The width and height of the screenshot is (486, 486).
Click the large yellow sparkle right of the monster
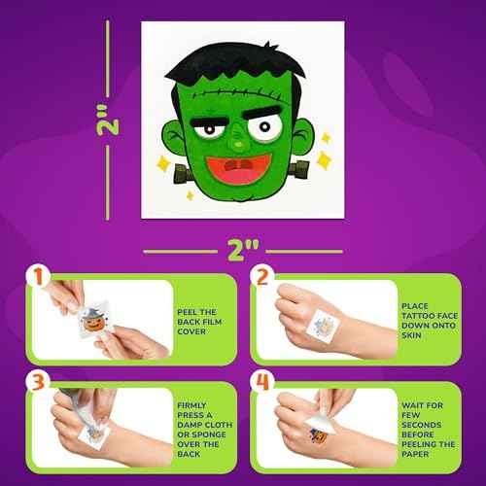pos(318,143)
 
